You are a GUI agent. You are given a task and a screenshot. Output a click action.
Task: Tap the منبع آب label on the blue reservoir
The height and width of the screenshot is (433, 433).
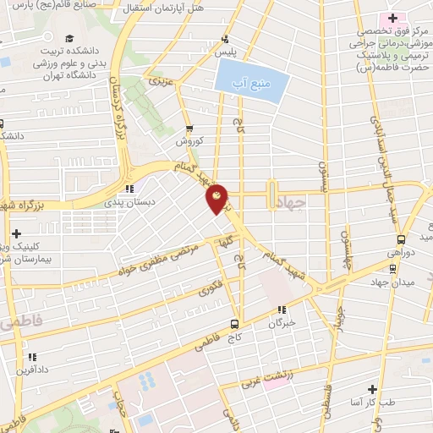coord(252,84)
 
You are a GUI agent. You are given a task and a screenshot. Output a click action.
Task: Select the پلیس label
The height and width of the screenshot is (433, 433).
coord(224,52)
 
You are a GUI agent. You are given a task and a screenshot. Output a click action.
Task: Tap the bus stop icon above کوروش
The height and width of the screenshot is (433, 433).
coord(191,130)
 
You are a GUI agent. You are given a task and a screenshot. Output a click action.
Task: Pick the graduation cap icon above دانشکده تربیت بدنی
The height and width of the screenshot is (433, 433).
coord(67,39)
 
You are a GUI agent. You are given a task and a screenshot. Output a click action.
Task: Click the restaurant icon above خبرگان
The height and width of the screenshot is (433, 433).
coord(282,310)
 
